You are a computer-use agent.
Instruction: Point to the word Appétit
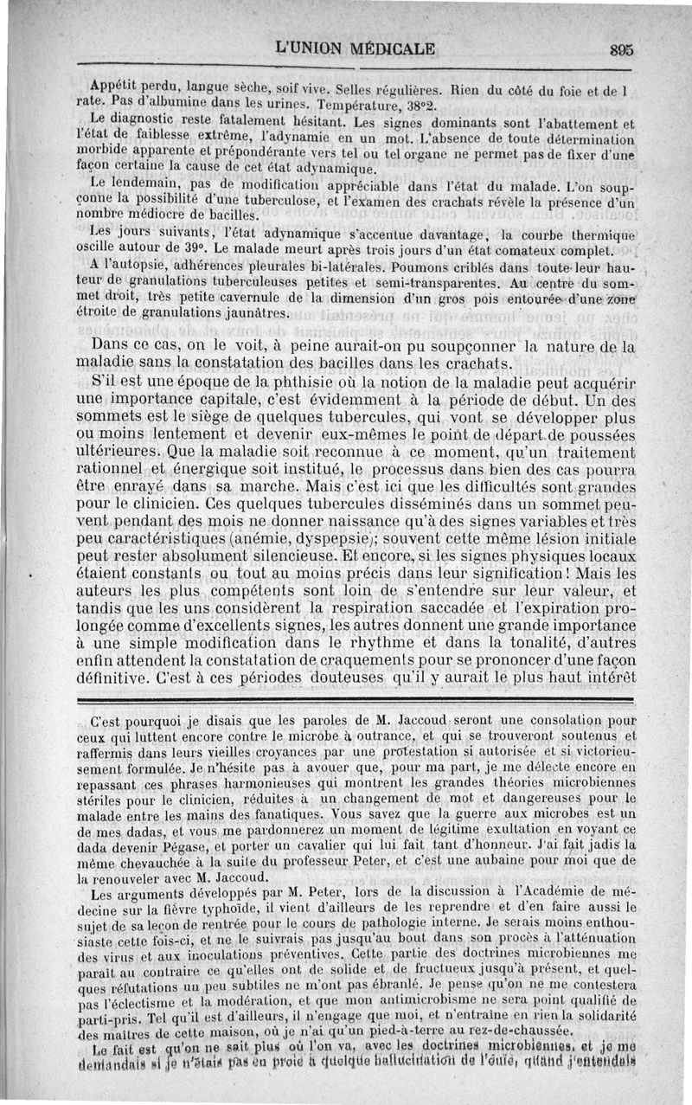tap(116, 87)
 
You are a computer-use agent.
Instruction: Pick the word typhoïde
tap(247, 907)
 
